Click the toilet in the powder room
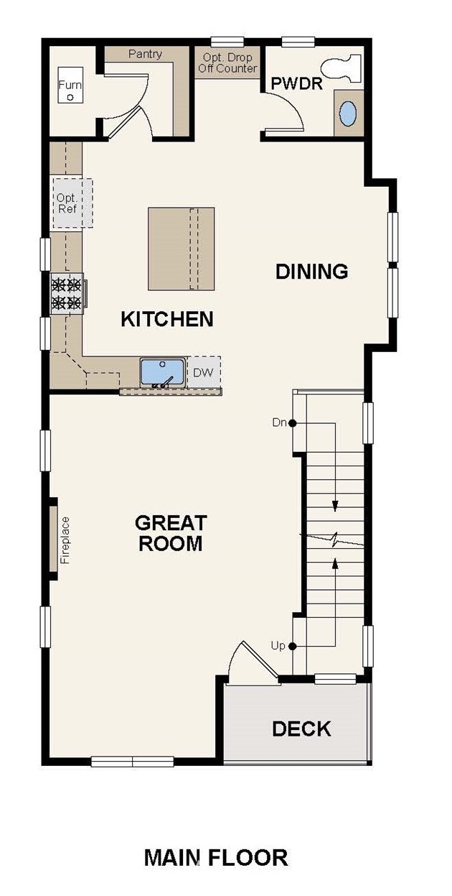coord(342,69)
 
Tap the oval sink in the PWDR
coord(348,114)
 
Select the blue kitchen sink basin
coord(161,372)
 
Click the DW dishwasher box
coord(204,372)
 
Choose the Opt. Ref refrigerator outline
coord(72,203)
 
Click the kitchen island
coord(181,249)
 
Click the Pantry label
coord(145,54)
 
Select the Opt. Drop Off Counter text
coord(227,63)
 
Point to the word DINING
coord(311,272)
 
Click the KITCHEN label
coord(167,319)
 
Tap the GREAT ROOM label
coord(171,533)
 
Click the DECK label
coord(301,729)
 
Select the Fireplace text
coord(65,540)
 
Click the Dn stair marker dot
coord(292,422)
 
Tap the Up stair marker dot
coord(292,646)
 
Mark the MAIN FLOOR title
coord(216,858)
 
